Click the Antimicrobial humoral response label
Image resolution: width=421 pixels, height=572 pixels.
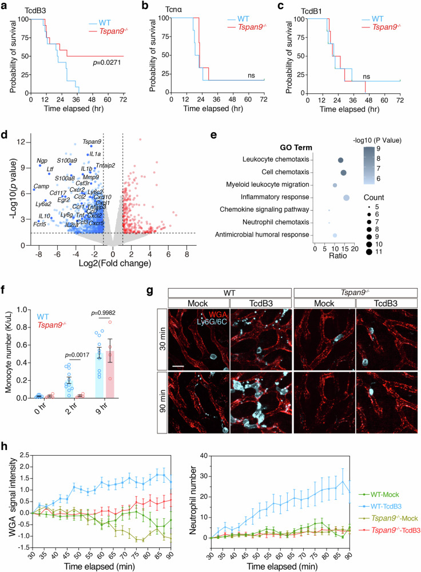pos(272,235)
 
